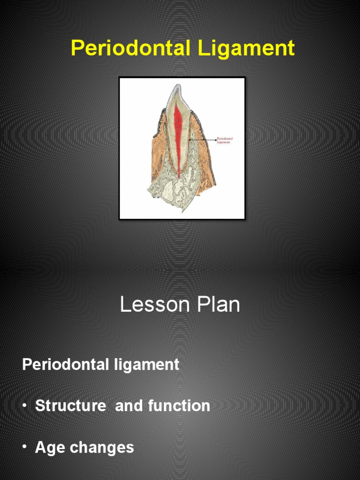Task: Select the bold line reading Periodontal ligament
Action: click(101, 364)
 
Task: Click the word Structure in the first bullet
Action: click(71, 405)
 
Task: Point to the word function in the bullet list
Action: click(179, 405)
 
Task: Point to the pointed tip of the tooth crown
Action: click(177, 86)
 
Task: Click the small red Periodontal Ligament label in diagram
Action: click(224, 140)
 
